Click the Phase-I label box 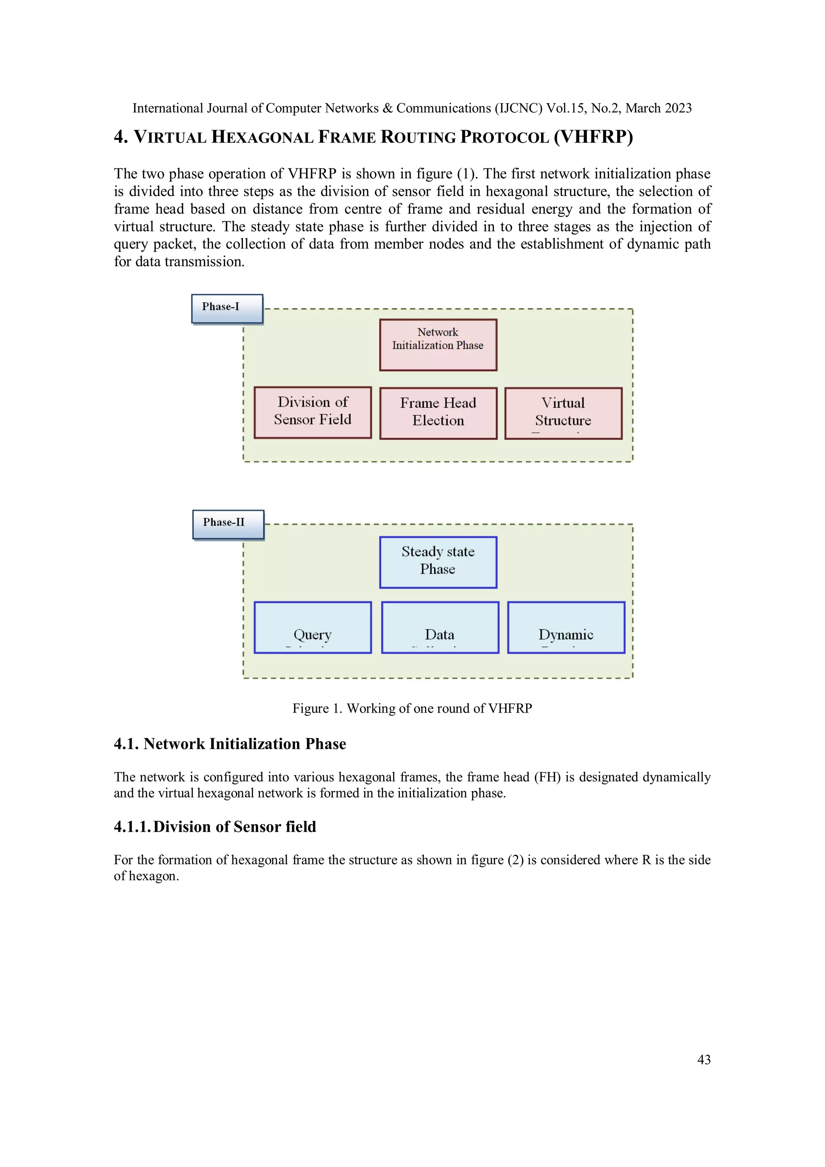tap(227, 309)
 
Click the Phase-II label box tap(228, 524)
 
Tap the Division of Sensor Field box tap(313, 412)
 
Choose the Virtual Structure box tap(563, 413)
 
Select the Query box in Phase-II tap(313, 627)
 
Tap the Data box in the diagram tap(440, 627)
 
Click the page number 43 tap(703, 1059)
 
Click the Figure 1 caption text tap(412, 708)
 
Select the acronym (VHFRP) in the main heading tap(593, 137)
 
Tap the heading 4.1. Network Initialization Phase tap(230, 744)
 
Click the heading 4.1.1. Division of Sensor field tap(215, 827)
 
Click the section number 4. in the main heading tap(120, 137)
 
